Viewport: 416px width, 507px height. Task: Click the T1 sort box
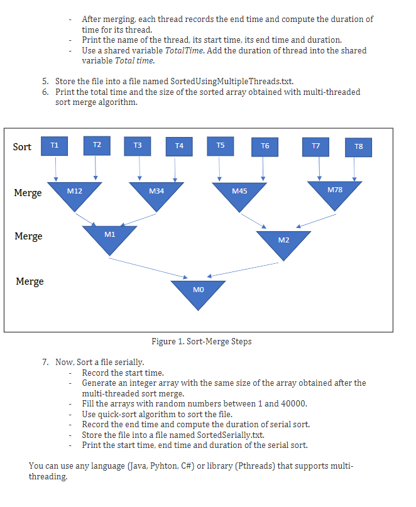[x=55, y=146]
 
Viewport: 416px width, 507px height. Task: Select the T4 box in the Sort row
[x=179, y=146]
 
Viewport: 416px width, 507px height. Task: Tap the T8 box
[x=358, y=146]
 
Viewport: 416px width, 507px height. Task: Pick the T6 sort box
[x=265, y=146]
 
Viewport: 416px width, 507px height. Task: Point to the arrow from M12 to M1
[x=85, y=217]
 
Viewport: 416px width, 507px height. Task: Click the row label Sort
[x=22, y=147]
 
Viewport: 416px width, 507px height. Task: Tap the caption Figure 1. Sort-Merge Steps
[x=201, y=342]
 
